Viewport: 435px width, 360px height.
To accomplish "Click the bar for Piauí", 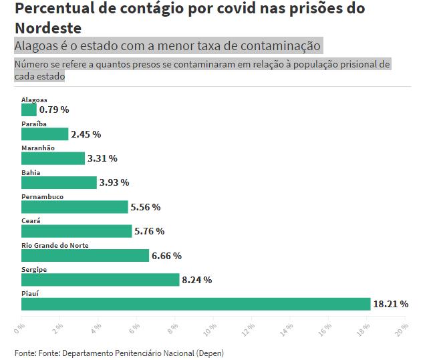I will click(x=196, y=304).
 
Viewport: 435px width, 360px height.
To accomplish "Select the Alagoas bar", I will click(x=29, y=110).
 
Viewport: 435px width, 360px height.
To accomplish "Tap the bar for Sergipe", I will click(x=100, y=280).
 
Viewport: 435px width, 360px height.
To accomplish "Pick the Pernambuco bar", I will click(x=74, y=207).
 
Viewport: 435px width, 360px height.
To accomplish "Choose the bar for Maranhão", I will click(x=53, y=158).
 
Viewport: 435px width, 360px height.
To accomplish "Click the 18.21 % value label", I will click(x=390, y=304).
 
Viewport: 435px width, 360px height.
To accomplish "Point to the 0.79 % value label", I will click(x=54, y=110).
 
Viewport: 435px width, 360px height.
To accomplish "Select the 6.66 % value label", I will click(x=166, y=256).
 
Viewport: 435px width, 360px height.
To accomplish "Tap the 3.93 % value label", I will click(x=114, y=182).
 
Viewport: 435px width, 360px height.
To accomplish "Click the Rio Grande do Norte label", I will click(x=55, y=245).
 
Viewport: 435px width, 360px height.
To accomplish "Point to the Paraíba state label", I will click(x=34, y=124).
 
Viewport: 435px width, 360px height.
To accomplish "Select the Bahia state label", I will click(x=31, y=172).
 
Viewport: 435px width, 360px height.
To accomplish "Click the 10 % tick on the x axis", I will click(x=210, y=329).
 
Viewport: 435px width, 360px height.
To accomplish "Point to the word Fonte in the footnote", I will click(x=25, y=353).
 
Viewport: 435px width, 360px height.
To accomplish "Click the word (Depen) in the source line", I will click(x=209, y=353).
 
